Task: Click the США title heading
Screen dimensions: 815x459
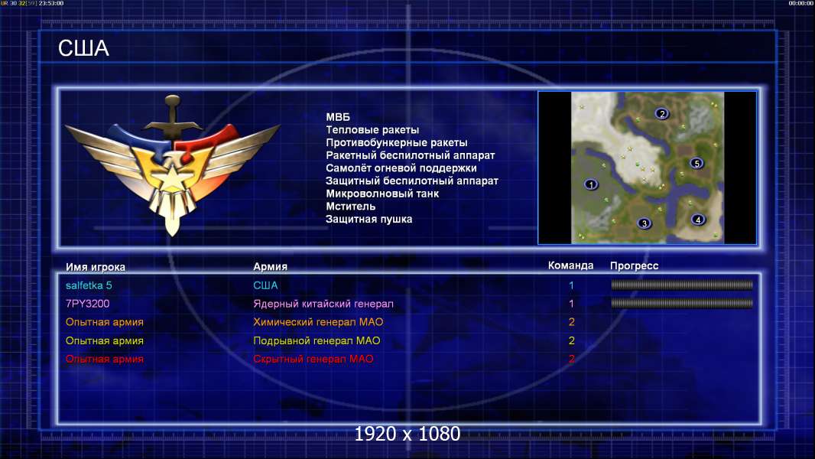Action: tap(83, 48)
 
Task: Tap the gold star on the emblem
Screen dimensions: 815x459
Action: tap(171, 178)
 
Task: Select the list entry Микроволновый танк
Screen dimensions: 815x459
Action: tap(382, 194)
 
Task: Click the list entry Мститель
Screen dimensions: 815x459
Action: tap(350, 207)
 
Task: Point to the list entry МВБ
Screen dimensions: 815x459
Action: tap(338, 117)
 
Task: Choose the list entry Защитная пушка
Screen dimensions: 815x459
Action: tap(369, 220)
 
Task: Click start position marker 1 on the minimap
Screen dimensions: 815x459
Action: tap(591, 184)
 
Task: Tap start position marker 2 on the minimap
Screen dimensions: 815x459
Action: tap(661, 113)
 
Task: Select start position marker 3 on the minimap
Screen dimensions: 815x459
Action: tap(644, 223)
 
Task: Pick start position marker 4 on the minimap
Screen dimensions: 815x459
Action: tap(698, 220)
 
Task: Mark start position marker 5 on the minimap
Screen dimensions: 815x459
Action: tap(696, 163)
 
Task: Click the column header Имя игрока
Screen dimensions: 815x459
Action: tap(95, 267)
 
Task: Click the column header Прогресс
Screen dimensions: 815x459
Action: tap(634, 266)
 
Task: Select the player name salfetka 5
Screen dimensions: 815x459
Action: tap(89, 285)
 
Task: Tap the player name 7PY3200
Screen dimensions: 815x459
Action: tap(87, 304)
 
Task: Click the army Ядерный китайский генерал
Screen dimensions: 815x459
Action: tap(323, 304)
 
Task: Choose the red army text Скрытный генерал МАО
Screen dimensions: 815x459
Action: tap(313, 359)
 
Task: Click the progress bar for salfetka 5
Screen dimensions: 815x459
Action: tap(682, 285)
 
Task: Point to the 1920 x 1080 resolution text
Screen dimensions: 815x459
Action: tap(407, 434)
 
